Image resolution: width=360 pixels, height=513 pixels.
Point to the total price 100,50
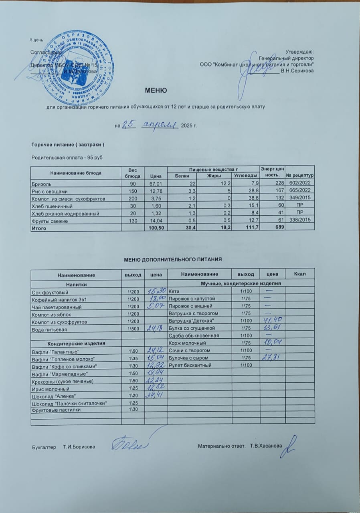coord(154,228)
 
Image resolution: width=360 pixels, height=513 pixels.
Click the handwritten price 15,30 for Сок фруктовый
coord(155,291)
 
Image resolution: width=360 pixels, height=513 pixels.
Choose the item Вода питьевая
coord(49,329)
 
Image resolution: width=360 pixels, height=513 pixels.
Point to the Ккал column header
coord(300,274)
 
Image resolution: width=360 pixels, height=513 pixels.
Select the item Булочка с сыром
coord(188,358)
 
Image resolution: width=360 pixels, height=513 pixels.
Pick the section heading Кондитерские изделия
coord(76,343)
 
